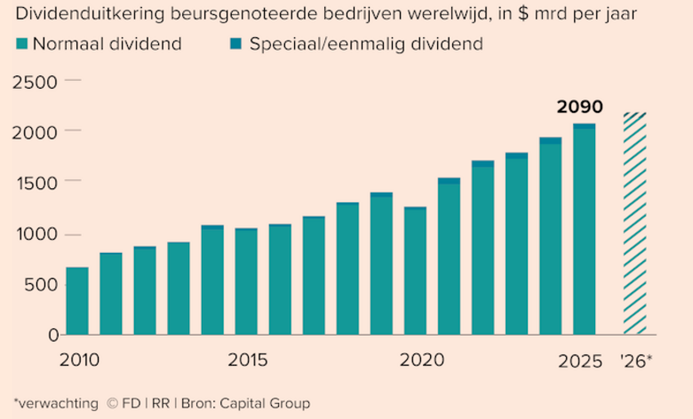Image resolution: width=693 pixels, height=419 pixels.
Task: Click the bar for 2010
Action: pos(77,301)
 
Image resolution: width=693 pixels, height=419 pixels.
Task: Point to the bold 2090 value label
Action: pos(579,107)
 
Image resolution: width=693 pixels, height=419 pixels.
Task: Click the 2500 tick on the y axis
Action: pos(35,81)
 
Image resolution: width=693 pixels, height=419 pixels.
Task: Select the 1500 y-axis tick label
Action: pos(35,182)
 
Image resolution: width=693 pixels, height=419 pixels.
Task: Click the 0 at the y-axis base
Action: pos(53,335)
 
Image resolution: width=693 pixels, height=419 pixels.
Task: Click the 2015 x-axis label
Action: pos(247,360)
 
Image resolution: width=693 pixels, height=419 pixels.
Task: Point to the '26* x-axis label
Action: pos(636,360)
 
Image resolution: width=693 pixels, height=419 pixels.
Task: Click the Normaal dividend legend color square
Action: pos(21,44)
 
